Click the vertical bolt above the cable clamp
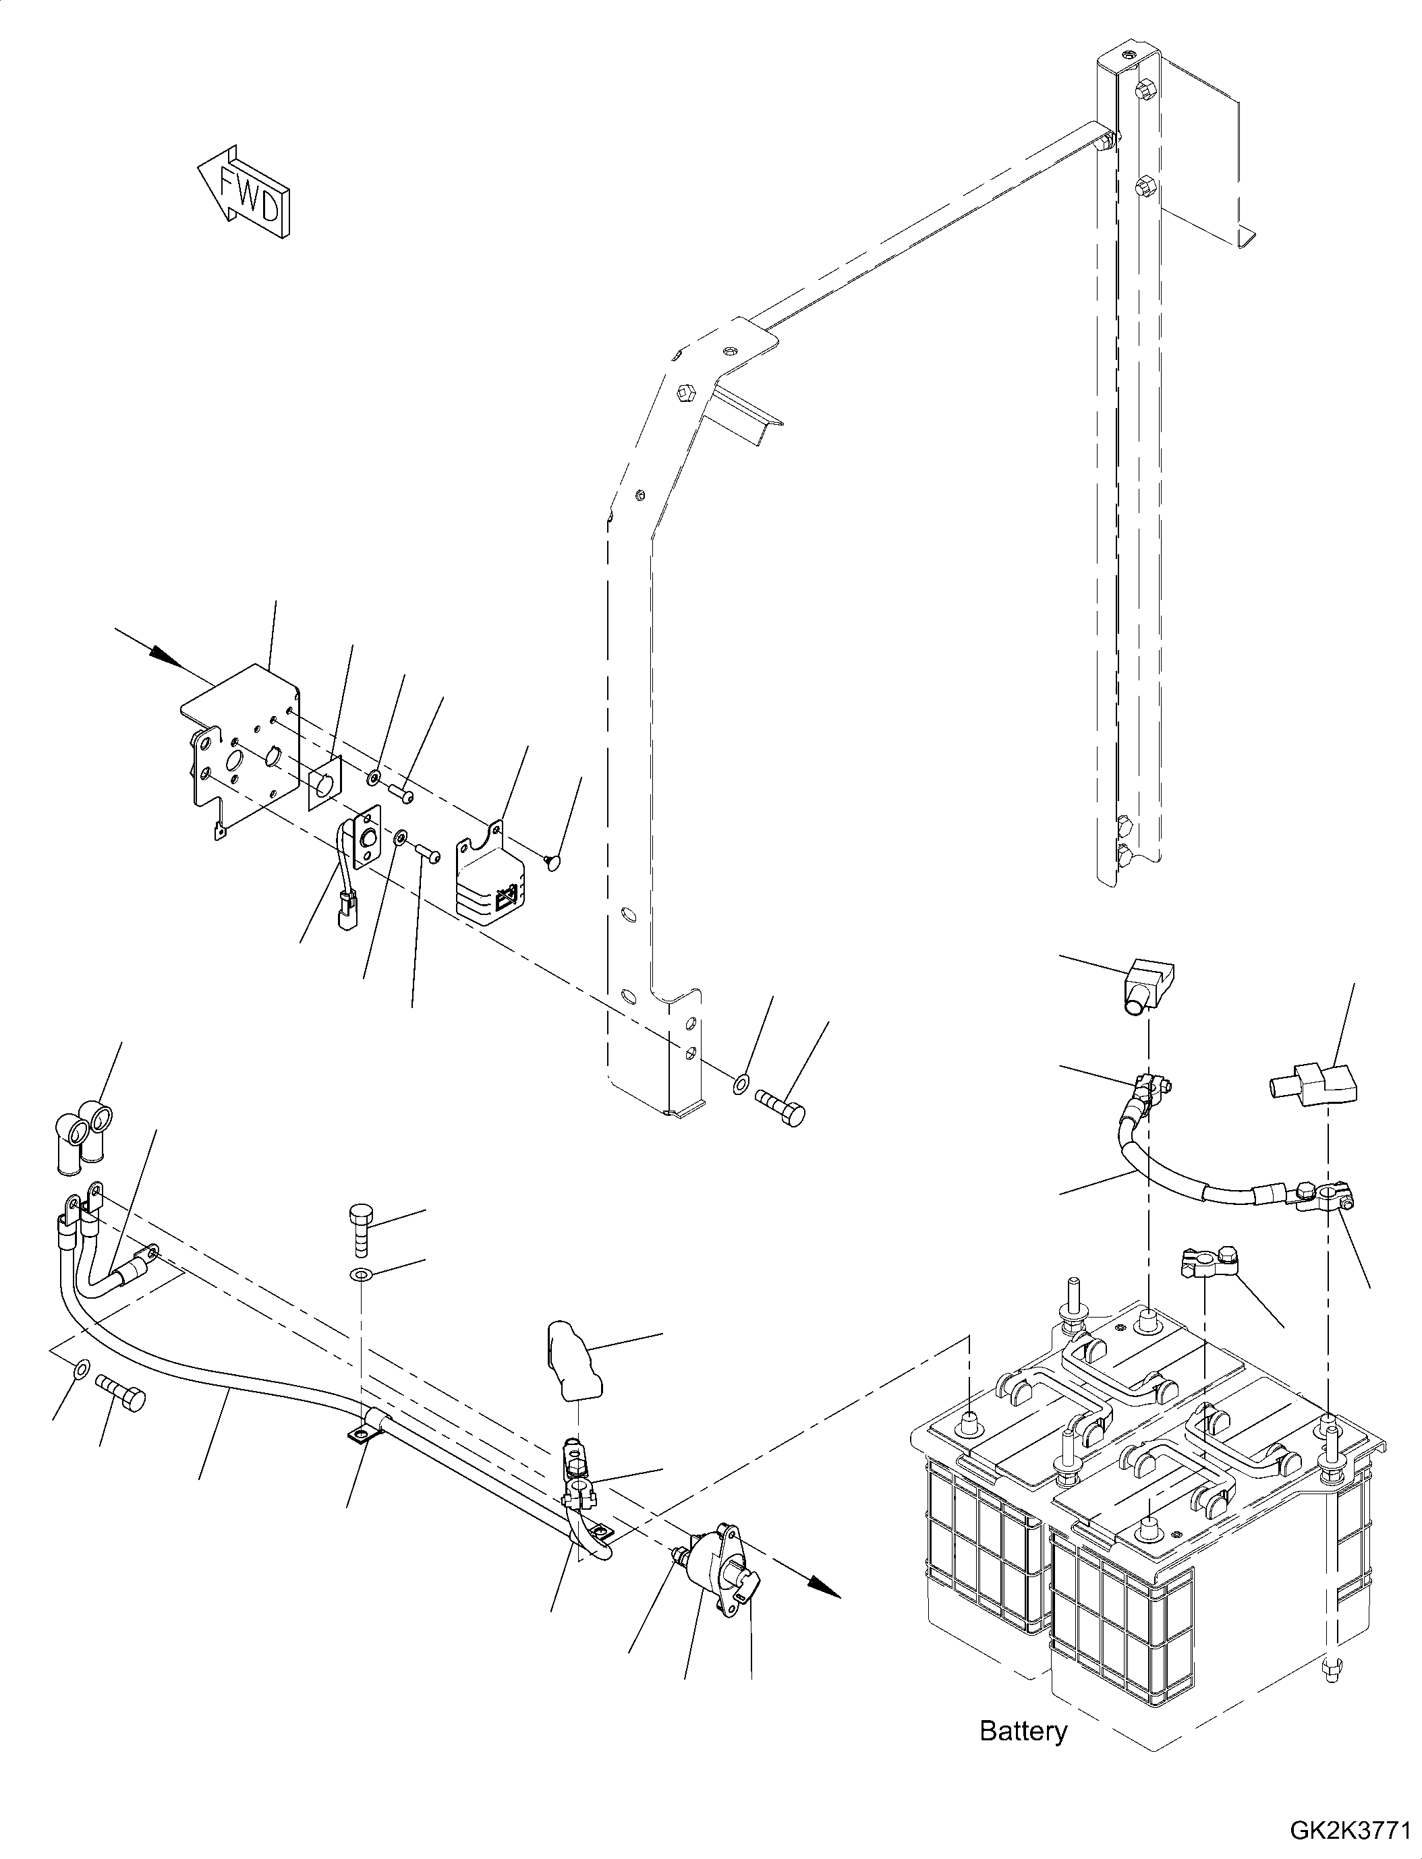click(x=362, y=1236)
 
